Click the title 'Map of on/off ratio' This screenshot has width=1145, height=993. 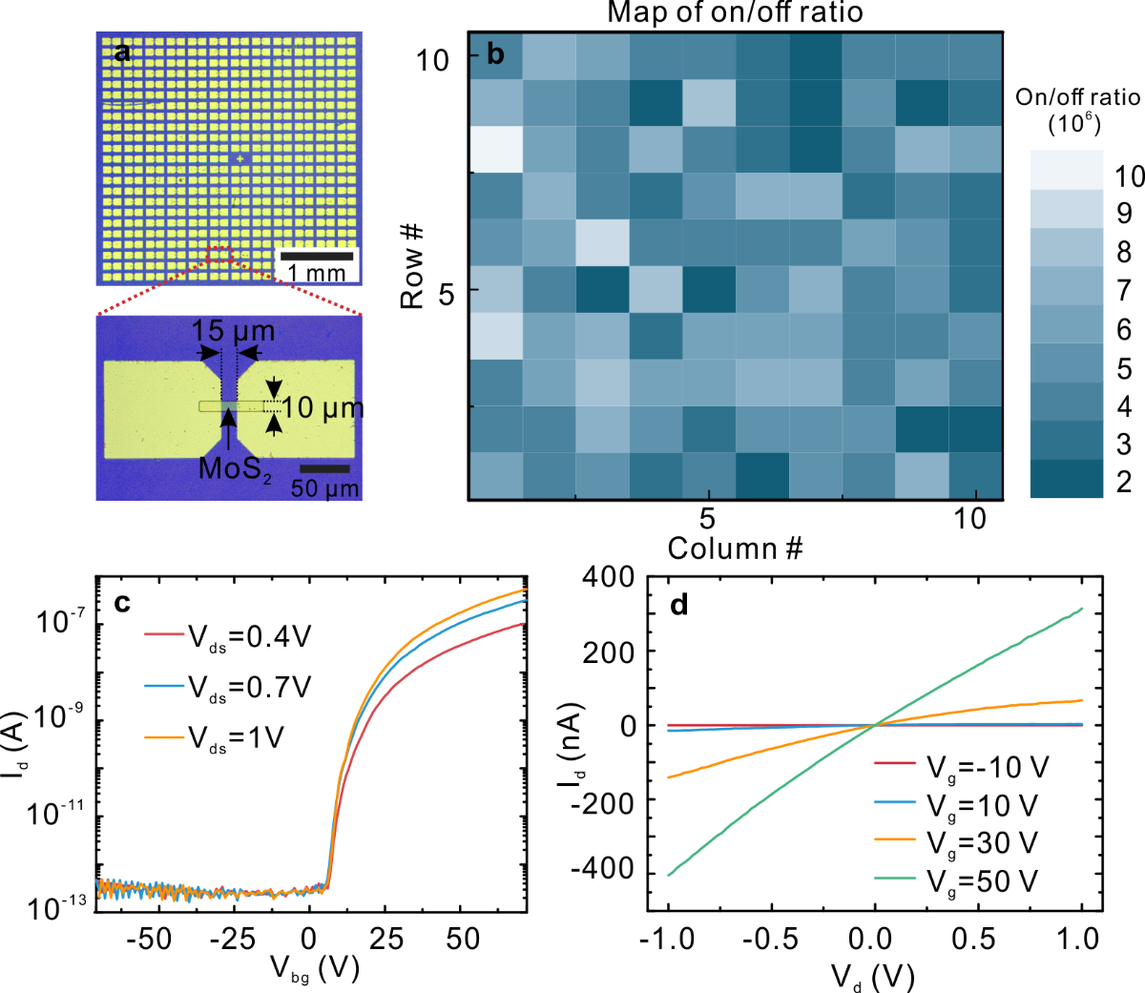(x=734, y=12)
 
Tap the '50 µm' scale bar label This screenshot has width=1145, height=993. (x=324, y=489)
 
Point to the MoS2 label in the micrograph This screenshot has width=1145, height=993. (x=235, y=468)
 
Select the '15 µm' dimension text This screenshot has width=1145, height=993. (x=233, y=332)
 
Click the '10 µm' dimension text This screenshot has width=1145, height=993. (x=323, y=408)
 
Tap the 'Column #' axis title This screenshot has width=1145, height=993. (x=735, y=548)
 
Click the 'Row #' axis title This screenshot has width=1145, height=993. (x=411, y=267)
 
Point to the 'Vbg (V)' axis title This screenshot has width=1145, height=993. (x=314, y=969)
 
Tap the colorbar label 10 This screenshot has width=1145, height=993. (x=1130, y=176)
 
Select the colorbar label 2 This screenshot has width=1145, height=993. (x=1124, y=482)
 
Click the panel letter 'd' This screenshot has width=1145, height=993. (x=679, y=604)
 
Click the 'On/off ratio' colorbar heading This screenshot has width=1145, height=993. (x=1077, y=97)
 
